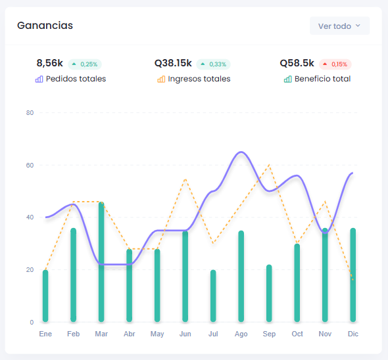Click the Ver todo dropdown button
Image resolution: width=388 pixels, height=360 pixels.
339,26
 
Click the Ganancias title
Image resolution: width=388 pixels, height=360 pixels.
45,26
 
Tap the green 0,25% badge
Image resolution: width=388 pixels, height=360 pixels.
85,64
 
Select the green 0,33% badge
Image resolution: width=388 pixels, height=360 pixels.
213,64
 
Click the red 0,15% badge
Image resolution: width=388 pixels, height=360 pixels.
335,64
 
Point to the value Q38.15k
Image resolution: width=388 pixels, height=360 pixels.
173,63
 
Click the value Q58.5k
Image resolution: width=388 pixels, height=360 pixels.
297,63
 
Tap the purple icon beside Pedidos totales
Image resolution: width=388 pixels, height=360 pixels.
39,79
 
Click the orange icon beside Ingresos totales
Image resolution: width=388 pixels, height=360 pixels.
161,79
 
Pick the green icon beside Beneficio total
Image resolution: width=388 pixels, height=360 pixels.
288,79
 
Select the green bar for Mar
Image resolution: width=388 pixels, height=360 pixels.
101,262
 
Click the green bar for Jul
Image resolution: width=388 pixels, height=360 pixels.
213,296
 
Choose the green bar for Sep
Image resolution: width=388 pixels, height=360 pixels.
269,293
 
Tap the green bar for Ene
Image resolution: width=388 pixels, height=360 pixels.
45,296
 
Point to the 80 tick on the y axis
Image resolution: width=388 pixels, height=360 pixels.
30,113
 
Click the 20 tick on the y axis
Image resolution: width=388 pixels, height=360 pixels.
30,270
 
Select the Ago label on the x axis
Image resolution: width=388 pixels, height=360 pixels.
241,334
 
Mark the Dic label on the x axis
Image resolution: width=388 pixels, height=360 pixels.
353,334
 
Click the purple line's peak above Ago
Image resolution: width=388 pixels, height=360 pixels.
241,152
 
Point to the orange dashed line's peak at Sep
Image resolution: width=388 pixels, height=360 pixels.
269,165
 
